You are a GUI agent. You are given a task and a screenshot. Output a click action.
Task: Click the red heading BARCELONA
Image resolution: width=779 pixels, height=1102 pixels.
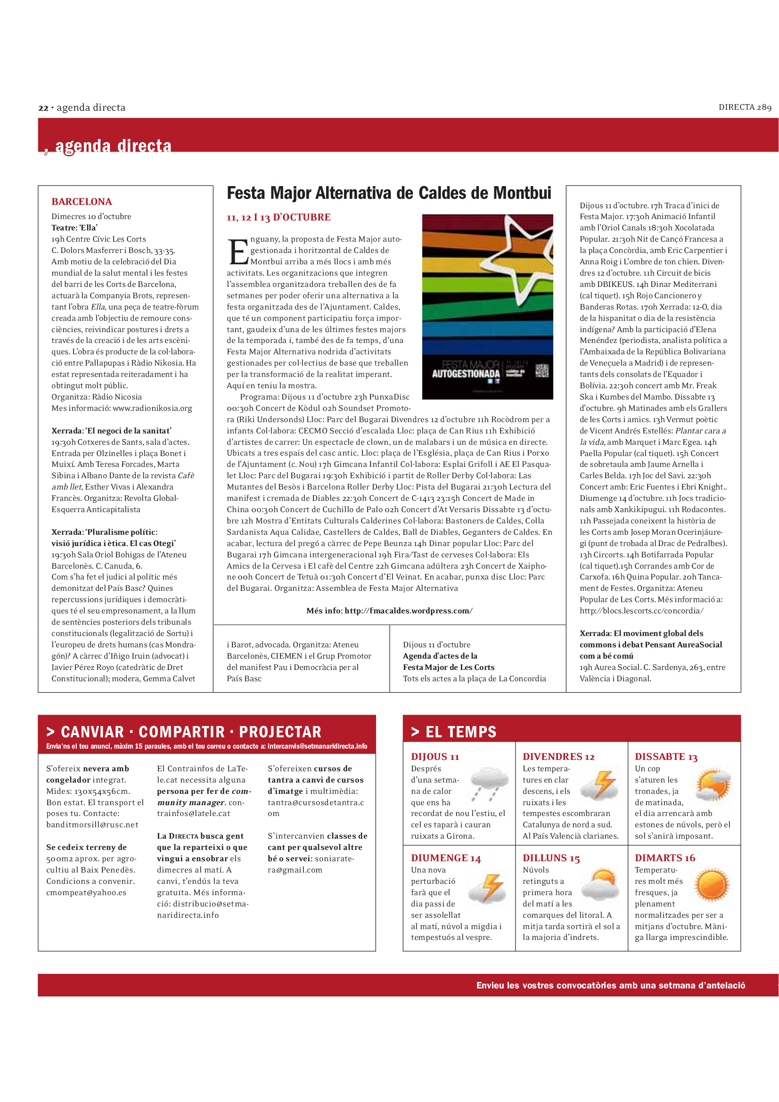(82, 202)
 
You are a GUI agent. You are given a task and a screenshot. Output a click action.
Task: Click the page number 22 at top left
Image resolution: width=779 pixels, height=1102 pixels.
(43, 108)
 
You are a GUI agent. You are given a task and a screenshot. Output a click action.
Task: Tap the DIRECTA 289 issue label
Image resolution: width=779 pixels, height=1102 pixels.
(745, 107)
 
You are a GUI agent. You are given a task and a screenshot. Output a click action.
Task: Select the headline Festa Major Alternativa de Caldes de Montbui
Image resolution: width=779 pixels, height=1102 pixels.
(389, 194)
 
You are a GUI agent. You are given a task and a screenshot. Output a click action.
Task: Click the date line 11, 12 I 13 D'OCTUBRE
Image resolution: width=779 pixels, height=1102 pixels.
(279, 217)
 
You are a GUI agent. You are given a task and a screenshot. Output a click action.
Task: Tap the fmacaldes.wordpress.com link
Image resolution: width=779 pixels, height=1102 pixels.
(408, 611)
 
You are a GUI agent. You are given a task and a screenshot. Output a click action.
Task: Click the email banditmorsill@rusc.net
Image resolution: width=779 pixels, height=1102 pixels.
(92, 824)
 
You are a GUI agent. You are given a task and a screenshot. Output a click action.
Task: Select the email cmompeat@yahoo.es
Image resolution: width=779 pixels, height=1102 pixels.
(86, 892)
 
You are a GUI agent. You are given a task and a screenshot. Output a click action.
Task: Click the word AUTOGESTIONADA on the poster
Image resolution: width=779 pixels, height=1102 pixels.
(466, 374)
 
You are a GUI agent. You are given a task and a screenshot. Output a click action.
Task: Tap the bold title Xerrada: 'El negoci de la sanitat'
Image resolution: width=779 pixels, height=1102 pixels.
(111, 431)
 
